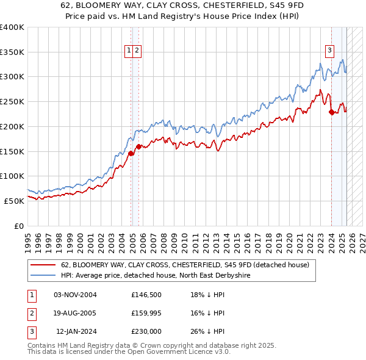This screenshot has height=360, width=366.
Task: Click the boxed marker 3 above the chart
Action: tap(329, 51)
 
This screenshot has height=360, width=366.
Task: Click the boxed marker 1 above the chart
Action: tap(130, 51)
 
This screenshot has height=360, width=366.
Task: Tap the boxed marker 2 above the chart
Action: tap(137, 51)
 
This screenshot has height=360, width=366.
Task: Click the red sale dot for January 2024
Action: tap(331, 112)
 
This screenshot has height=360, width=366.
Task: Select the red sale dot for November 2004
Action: tap(131, 153)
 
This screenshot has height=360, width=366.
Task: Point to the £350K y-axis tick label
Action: tap(12, 52)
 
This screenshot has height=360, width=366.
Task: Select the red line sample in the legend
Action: tap(43, 265)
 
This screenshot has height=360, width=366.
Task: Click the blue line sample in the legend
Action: tap(43, 276)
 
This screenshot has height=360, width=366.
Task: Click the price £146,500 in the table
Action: tap(146, 295)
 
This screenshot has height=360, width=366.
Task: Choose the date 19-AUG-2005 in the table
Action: tap(75, 313)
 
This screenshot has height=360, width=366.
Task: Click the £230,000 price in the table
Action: tap(146, 331)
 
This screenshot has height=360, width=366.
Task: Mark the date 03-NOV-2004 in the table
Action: tap(75, 295)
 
